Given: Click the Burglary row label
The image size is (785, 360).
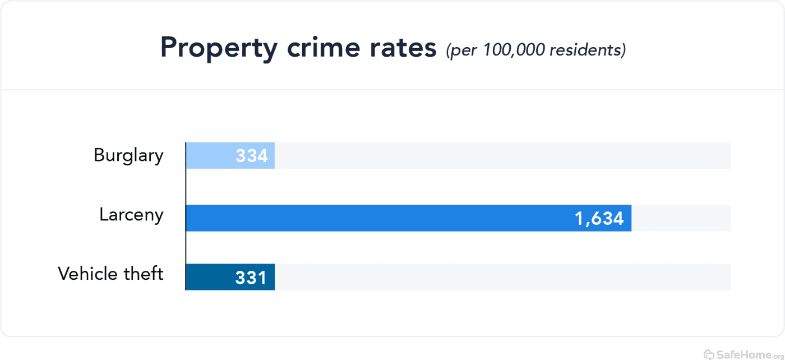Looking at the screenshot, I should (128, 155).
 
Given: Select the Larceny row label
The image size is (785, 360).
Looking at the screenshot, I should (131, 215).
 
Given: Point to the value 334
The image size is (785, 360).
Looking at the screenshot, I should (252, 156).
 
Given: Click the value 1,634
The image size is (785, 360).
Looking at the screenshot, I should (599, 219).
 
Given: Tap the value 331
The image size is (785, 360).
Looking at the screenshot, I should (251, 278).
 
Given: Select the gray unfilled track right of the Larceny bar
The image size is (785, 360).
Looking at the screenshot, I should (681, 218).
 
